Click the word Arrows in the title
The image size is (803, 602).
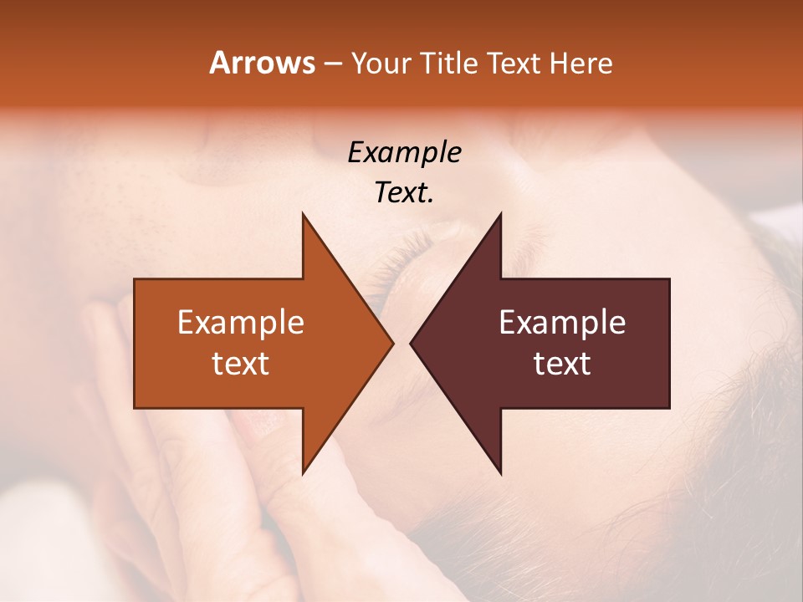tap(262, 63)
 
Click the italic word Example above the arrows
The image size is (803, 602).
tap(404, 152)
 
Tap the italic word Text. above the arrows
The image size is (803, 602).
tap(404, 192)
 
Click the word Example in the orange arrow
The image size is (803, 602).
tap(241, 322)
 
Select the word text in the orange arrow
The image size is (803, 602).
tap(241, 363)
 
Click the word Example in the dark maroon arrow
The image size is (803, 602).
tap(562, 322)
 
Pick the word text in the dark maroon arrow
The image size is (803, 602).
tap(562, 363)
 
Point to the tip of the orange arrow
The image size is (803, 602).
tap(392, 343)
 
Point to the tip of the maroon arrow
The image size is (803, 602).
tap(411, 343)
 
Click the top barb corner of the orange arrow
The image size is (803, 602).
tap(304, 215)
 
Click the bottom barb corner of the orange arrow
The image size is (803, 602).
tap(304, 472)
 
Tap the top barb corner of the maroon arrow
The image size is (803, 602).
tap(500, 215)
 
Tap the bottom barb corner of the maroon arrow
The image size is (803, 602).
tap(500, 472)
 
